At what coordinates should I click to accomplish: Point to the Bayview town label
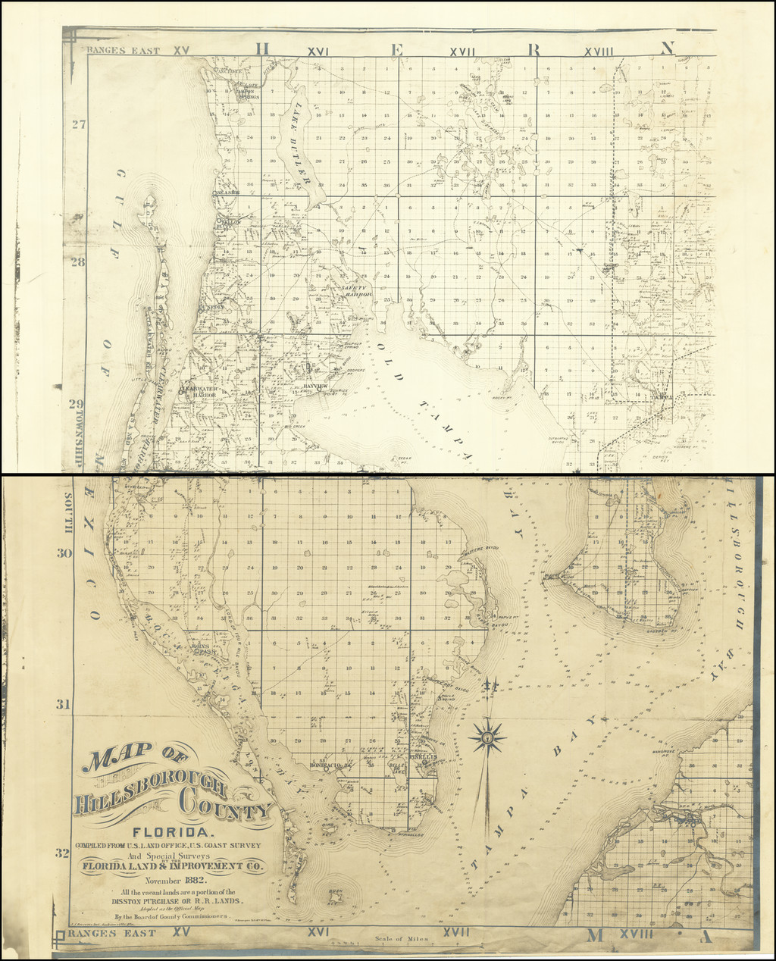tap(315, 386)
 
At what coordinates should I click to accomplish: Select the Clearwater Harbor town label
tap(199, 392)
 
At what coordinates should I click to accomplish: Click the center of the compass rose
tap(488, 735)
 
